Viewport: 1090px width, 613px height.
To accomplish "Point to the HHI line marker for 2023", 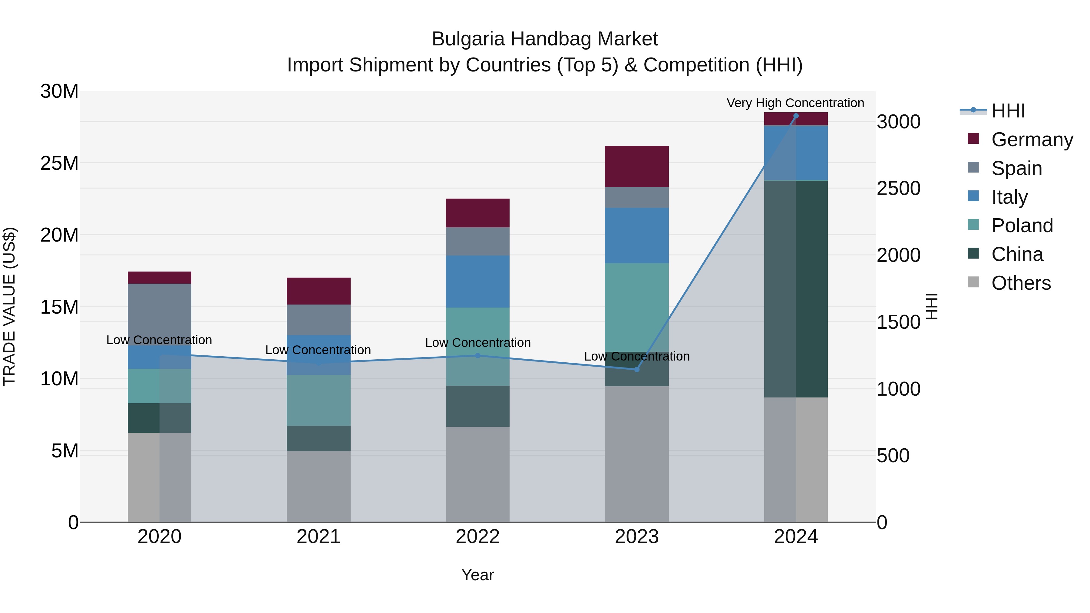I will (636, 369).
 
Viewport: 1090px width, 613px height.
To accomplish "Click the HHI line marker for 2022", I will (478, 355).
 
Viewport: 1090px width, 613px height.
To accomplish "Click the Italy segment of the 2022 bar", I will (478, 281).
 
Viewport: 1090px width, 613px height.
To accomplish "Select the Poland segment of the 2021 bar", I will (319, 400).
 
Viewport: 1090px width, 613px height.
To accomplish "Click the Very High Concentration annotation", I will (795, 103).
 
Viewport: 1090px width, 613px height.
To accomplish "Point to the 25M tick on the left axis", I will (59, 163).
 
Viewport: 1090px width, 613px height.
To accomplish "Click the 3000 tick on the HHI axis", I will (898, 122).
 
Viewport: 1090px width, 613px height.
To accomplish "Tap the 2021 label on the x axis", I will (319, 537).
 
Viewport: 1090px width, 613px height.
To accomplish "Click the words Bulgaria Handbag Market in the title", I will (545, 39).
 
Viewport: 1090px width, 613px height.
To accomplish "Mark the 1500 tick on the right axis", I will (898, 322).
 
